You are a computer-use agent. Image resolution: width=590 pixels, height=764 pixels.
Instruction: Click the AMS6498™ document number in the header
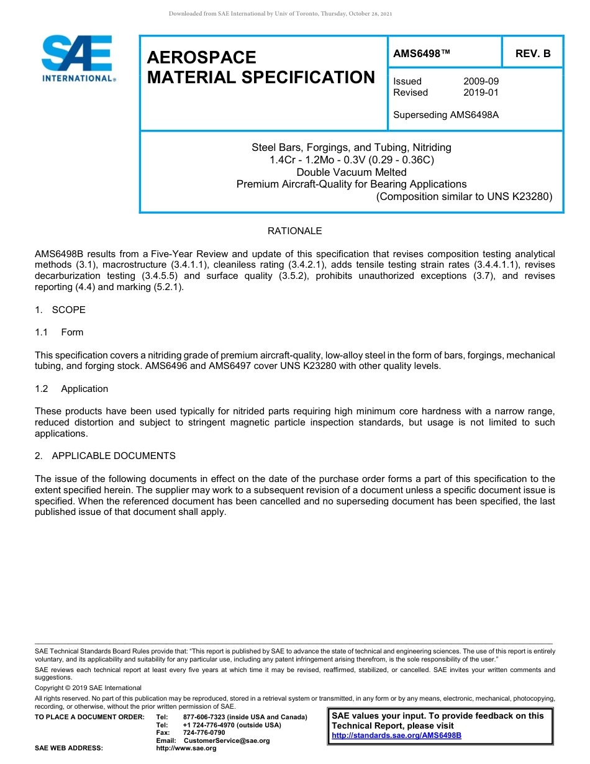pos(422,53)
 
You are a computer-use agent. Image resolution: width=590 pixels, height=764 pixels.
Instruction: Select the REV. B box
pos(532,53)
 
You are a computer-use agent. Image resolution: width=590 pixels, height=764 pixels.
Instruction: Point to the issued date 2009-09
pos(481,81)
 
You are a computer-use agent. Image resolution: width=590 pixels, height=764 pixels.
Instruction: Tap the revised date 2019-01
pos(481,93)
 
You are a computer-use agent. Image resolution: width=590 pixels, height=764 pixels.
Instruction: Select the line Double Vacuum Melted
pos(352,172)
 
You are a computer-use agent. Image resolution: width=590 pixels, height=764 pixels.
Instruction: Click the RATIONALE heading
pos(294,231)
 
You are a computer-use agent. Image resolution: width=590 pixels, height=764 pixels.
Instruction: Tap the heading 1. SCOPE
pos(60,310)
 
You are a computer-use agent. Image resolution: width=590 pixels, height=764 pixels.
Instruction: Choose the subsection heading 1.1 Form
pos(60,332)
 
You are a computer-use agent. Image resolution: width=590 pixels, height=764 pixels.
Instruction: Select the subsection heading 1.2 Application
pos(71,389)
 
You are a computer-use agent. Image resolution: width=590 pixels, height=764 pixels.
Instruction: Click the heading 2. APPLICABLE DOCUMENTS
pos(105,456)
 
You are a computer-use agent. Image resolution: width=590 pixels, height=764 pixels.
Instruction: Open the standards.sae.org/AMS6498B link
pos(396,735)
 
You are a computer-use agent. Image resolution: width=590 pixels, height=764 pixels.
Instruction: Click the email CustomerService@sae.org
pos(227,740)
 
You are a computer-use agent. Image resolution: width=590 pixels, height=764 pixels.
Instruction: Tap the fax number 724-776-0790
pos(204,733)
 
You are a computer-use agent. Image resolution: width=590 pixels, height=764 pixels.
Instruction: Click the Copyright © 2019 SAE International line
pos(88,688)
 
